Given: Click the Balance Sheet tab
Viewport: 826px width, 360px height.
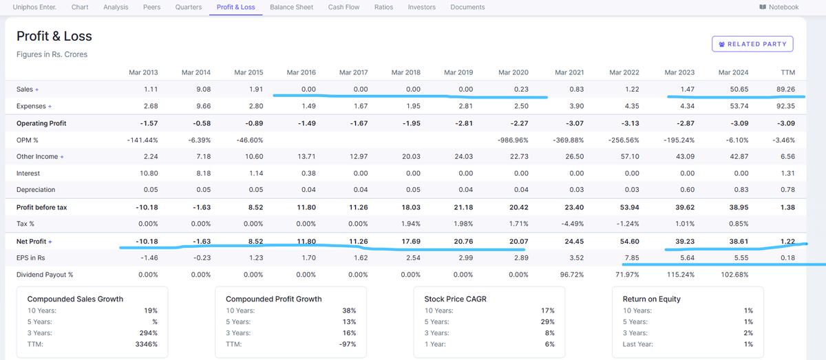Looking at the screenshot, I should (291, 7).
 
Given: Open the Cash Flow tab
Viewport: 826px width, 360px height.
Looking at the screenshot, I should (343, 7).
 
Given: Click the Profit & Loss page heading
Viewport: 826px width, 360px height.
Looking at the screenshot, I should (54, 36).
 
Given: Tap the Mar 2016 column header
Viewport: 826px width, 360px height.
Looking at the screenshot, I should (301, 72).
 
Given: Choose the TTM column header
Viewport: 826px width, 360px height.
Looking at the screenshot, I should (787, 72).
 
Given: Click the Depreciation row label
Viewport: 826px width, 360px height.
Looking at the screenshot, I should (36, 189).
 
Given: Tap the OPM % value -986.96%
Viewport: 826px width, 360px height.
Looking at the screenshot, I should (512, 140).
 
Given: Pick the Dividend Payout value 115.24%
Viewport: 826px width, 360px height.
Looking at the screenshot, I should (680, 275).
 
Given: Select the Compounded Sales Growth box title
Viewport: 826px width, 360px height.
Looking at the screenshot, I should (75, 299).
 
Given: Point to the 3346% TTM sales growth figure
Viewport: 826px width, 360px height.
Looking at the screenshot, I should (147, 344).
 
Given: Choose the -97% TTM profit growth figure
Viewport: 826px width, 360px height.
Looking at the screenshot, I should (348, 344).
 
